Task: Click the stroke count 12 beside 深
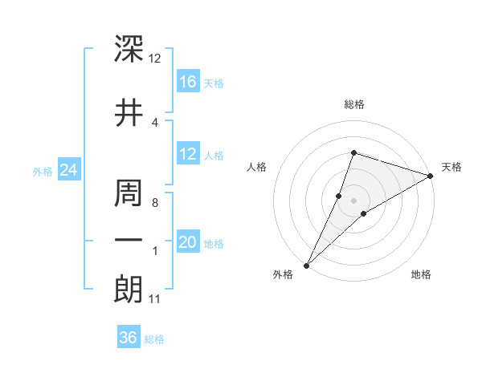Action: point(155,59)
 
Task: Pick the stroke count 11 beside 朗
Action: point(155,300)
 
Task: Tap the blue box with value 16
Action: point(188,82)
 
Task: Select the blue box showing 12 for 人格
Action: point(188,155)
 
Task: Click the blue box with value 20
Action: point(188,243)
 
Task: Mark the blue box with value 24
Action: point(69,170)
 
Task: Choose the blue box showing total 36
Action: point(129,338)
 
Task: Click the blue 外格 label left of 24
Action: point(43,171)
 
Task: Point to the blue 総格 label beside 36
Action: point(154,339)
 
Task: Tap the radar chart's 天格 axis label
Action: point(451,167)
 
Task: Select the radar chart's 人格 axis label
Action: point(257,167)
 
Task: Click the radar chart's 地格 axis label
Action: point(421,274)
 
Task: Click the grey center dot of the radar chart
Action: point(353,200)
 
